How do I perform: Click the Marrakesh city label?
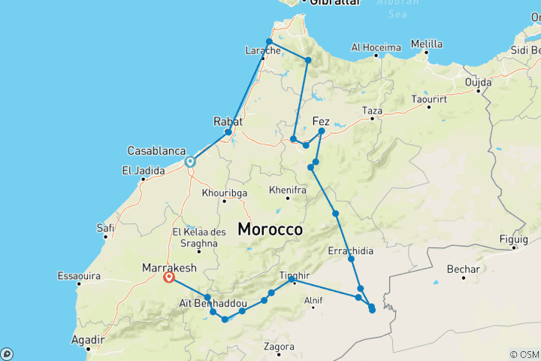click(170, 268)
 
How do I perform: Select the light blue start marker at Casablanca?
click(190, 161)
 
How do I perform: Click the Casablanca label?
click(157, 150)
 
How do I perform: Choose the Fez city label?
click(321, 120)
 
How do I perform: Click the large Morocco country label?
click(270, 229)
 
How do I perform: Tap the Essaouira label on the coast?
click(79, 277)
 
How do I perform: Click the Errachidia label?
click(351, 250)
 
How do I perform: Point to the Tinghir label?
click(294, 275)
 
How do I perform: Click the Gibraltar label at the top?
click(329, 4)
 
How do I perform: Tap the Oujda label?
click(478, 81)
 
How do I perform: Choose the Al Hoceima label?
click(376, 47)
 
